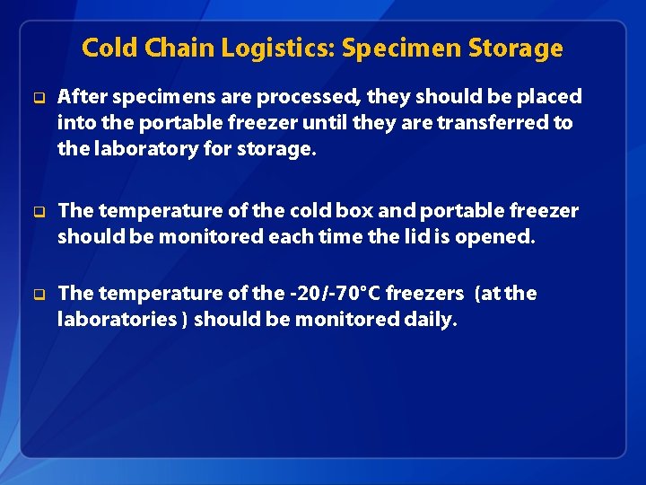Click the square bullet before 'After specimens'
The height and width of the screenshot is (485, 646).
click(x=39, y=97)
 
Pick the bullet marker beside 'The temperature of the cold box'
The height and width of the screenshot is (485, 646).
click(x=39, y=211)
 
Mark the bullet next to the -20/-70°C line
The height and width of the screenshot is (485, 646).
click(x=39, y=294)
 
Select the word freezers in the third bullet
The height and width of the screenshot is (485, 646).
click(x=424, y=293)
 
